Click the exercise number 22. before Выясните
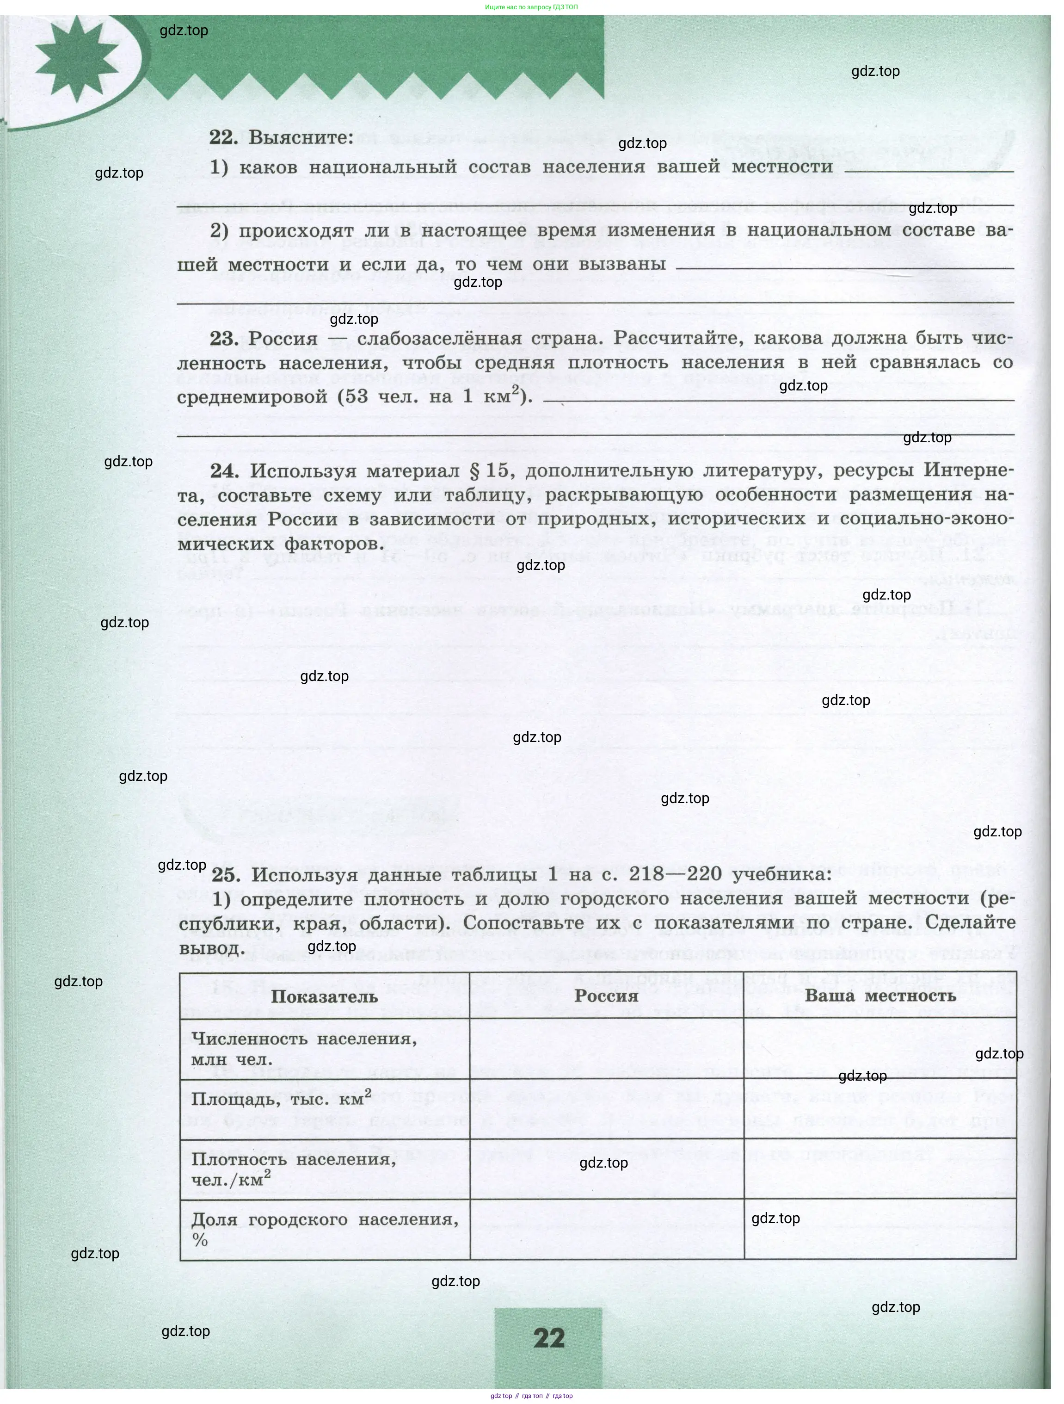click(224, 138)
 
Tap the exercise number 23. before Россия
click(224, 339)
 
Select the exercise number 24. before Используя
click(225, 471)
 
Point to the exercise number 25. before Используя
click(226, 875)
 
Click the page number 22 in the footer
click(549, 1338)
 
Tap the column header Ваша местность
click(880, 995)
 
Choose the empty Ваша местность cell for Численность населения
click(880, 1049)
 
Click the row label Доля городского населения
click(324, 1220)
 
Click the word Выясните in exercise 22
click(301, 138)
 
